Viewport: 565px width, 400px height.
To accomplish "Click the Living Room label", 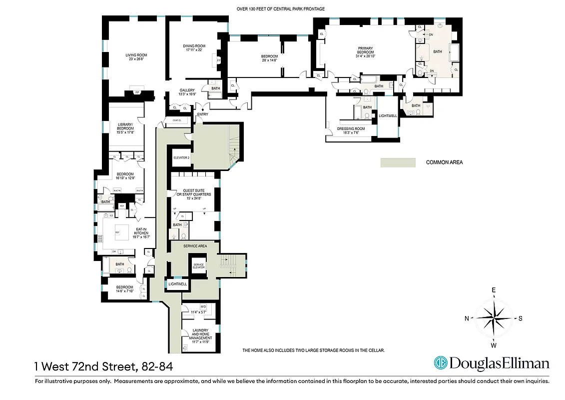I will pyautogui.click(x=136, y=57).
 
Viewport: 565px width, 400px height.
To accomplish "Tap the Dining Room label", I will pyautogui.click(x=194, y=48).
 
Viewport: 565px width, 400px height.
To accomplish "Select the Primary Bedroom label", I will pyautogui.click(x=365, y=52).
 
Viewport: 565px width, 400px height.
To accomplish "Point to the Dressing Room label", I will pyautogui.click(x=351, y=130).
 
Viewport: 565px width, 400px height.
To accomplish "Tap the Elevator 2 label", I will pyautogui.click(x=181, y=157).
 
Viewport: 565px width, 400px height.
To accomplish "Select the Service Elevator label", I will pyautogui.click(x=199, y=266).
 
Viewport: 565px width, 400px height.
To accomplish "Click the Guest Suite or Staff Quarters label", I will pyautogui.click(x=193, y=194).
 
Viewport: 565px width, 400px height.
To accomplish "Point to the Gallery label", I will pyautogui.click(x=187, y=92).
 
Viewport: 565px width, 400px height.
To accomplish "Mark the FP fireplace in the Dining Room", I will pyautogui.click(x=218, y=60).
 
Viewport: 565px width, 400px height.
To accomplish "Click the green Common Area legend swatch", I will pyautogui.click(x=398, y=162).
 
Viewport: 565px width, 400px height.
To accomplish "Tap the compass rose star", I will pyautogui.click(x=494, y=318).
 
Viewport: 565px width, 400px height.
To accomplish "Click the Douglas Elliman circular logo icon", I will pyautogui.click(x=440, y=363).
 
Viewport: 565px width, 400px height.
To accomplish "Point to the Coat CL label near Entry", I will pyautogui.click(x=176, y=120).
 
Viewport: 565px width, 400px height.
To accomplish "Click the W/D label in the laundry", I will pyautogui.click(x=203, y=306).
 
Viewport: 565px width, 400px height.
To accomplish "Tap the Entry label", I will pyautogui.click(x=202, y=114).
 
